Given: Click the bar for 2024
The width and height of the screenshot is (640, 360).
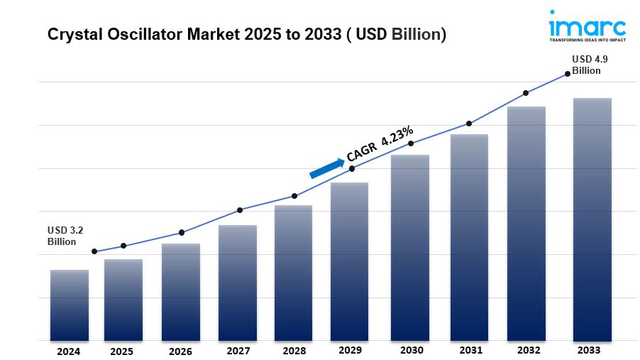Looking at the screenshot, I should click(70, 305).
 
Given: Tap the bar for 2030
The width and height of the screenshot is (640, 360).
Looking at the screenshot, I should click(410, 248).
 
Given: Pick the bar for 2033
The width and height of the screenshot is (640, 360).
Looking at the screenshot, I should click(592, 219).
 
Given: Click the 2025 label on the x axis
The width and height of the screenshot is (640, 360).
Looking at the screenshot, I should click(121, 351).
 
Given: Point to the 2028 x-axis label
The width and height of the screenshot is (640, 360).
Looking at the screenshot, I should click(293, 351).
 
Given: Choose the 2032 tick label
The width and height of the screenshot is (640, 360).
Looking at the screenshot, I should click(529, 351).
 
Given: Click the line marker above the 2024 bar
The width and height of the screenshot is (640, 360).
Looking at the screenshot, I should click(94, 251).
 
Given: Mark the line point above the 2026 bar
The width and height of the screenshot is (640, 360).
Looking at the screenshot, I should click(182, 232).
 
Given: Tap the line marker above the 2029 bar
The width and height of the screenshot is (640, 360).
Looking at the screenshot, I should click(352, 168).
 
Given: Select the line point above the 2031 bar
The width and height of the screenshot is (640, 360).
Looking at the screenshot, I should click(469, 124).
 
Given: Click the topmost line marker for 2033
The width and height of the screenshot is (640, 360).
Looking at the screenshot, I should click(567, 73).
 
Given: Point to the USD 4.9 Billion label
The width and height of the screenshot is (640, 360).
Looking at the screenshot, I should click(587, 65).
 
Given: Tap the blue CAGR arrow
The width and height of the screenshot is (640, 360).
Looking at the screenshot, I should click(326, 168).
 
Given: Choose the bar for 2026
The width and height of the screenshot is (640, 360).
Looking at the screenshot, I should click(180, 292).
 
